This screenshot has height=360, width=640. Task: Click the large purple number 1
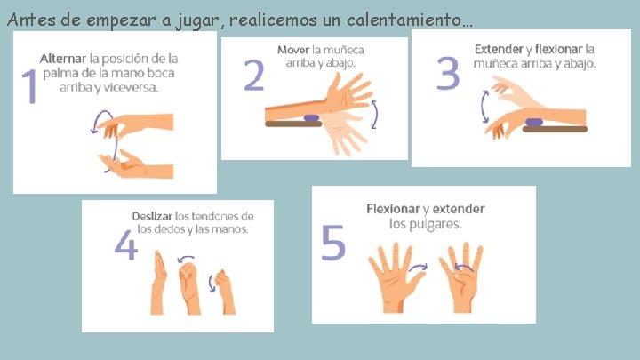point(30,86)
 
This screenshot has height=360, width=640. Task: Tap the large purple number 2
point(254,75)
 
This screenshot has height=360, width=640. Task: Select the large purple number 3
point(448,73)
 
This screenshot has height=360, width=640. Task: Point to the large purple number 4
point(125,245)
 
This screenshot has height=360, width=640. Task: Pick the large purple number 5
point(333,243)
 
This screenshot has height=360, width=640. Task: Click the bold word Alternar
point(63,59)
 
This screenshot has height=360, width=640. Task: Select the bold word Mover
point(293,50)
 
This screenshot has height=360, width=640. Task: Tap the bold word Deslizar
point(152,216)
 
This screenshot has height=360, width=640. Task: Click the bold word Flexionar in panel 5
point(393,209)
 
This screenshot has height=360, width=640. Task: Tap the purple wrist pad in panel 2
point(311,118)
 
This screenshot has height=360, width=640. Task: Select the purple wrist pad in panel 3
point(534,122)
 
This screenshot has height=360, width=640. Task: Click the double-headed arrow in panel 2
point(375,115)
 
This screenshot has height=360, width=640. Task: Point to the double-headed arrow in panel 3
point(484,107)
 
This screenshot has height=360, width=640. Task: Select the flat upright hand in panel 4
point(158,283)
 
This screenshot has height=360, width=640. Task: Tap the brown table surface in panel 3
point(555,130)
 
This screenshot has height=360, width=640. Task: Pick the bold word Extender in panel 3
point(499,50)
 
